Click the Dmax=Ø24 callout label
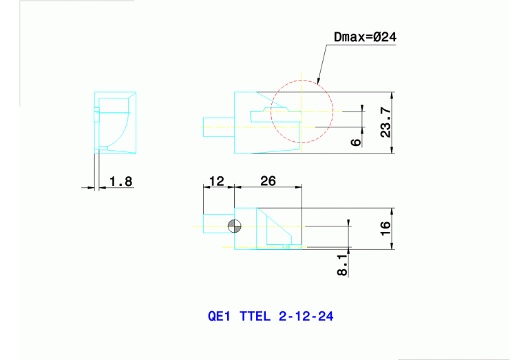[365, 36]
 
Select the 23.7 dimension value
[386, 122]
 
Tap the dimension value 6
[355, 141]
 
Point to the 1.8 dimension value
[120, 182]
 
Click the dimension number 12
[216, 181]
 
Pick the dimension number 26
[268, 181]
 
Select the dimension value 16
[386, 226]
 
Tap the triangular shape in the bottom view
[277, 231]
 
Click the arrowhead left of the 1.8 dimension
[89, 187]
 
